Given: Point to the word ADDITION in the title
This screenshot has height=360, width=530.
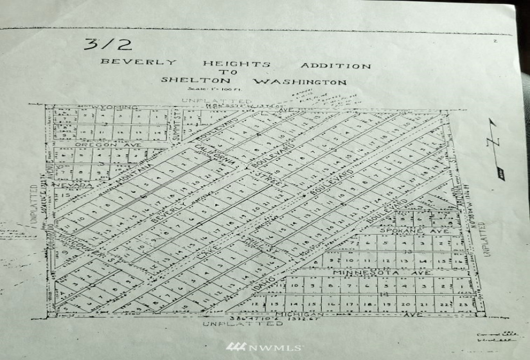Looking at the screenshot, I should [x=335, y=66].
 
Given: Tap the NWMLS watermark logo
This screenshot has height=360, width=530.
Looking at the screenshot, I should [x=264, y=347].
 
